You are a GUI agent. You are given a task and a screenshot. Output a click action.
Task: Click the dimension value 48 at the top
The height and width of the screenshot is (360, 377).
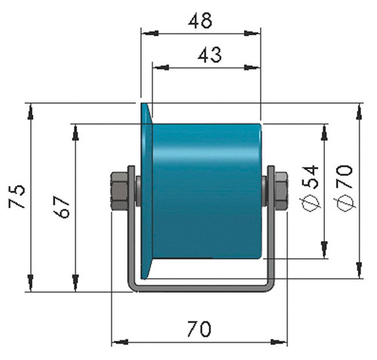click(x=200, y=20)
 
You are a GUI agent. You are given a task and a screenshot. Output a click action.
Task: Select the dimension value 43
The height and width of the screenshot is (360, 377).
click(x=210, y=55)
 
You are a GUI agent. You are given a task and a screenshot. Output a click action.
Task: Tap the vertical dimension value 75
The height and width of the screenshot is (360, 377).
click(x=17, y=197)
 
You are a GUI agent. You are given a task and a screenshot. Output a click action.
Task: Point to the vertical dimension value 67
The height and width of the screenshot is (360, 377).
click(x=62, y=206)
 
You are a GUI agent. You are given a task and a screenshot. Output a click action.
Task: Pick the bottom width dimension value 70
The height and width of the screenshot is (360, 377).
click(x=199, y=329)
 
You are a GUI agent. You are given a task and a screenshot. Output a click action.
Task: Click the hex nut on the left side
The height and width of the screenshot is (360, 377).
click(x=119, y=191)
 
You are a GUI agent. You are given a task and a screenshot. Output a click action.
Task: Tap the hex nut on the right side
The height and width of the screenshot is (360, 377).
click(x=280, y=191)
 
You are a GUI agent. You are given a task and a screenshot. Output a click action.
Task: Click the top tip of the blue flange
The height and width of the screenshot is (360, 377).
click(x=143, y=103)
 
